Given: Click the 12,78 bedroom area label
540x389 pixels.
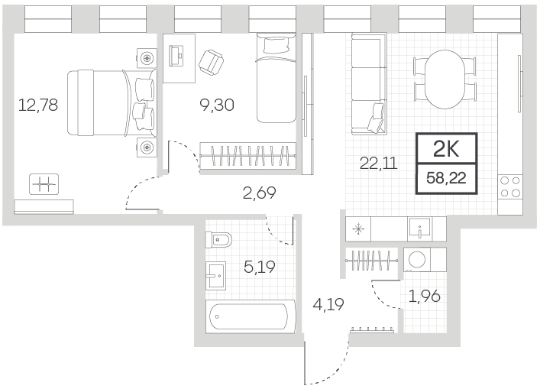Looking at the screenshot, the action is [x=38, y=105].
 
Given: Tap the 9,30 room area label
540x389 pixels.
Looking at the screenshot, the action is [x=217, y=105].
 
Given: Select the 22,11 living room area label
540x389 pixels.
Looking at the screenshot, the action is [x=379, y=163].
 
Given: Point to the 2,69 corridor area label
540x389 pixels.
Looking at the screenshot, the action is [x=260, y=193].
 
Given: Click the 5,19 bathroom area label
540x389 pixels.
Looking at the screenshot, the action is [x=260, y=267].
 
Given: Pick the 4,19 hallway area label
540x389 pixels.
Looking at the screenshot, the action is [x=328, y=305].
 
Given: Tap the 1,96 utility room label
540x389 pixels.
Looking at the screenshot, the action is [x=425, y=296].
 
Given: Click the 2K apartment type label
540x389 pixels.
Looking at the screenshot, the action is [x=446, y=150].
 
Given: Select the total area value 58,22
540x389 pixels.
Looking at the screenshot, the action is [x=446, y=178].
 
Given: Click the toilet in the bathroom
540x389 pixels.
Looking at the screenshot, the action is [x=218, y=239].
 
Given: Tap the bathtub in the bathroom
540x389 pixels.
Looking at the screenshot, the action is [x=251, y=316].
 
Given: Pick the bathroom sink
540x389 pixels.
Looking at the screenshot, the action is [x=215, y=275].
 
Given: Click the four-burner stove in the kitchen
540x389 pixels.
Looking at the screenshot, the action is [x=510, y=187].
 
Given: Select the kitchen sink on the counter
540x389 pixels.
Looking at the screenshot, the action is [x=420, y=229].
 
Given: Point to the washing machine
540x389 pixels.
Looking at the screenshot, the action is [x=417, y=259].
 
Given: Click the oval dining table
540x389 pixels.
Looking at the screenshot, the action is [x=445, y=79].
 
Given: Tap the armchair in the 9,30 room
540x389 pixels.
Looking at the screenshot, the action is [x=211, y=62].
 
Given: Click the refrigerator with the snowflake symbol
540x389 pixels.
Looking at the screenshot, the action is [x=358, y=229].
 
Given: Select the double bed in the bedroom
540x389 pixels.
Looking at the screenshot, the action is [x=112, y=102].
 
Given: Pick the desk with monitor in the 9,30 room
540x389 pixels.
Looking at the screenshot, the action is [x=179, y=58].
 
